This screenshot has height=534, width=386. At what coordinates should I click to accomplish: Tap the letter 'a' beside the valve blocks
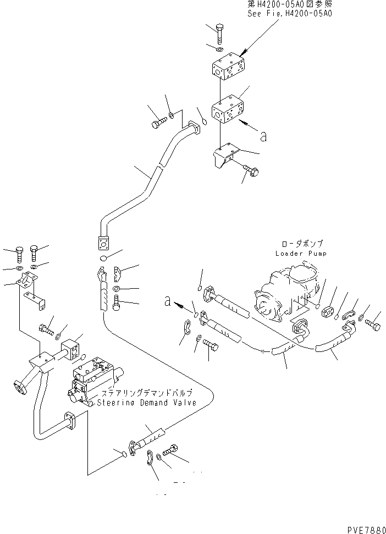click(x=263, y=136)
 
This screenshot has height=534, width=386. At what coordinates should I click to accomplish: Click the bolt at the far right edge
click(x=372, y=327)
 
